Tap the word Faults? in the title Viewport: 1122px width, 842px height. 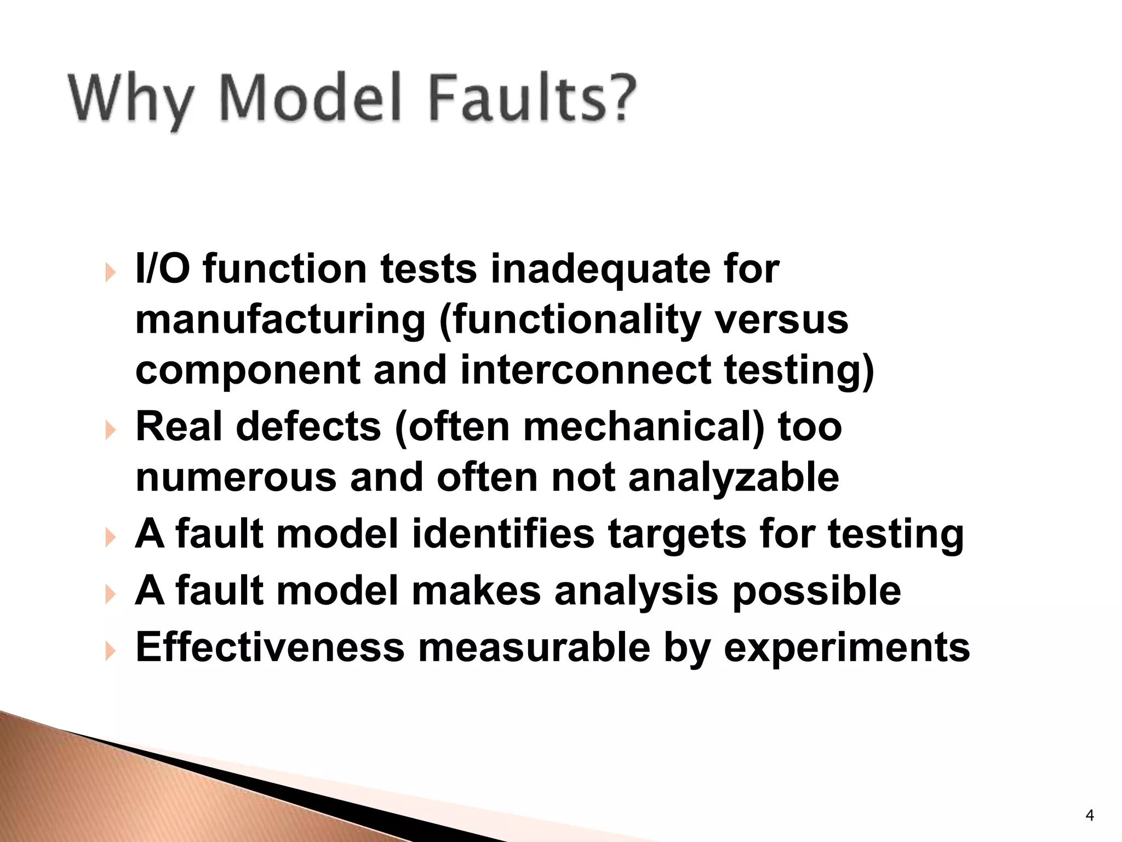[531, 98]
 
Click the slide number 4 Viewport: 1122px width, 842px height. [1089, 816]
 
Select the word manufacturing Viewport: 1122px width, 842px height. [280, 321]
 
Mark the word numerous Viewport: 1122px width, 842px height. [236, 477]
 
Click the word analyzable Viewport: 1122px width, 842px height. [734, 477]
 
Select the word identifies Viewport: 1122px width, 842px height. [503, 534]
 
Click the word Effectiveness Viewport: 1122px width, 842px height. [270, 647]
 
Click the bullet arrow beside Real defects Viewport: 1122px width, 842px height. [111, 430]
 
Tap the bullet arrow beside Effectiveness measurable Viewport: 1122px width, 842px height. [111, 651]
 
